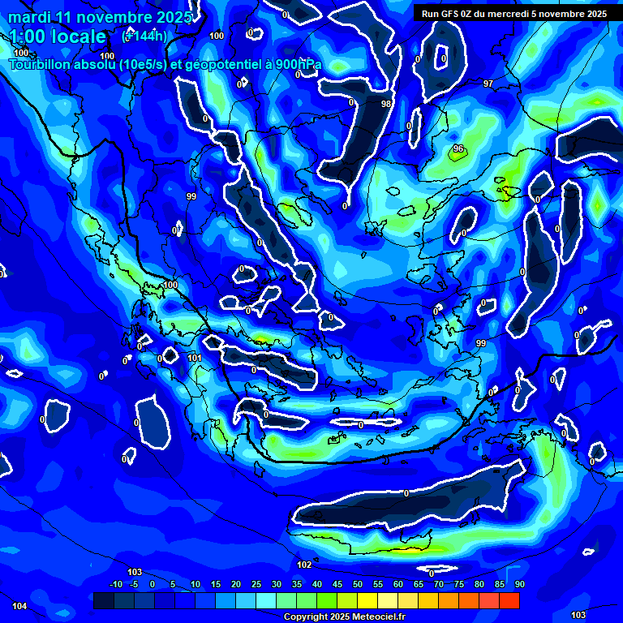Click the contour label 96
pos(458,148)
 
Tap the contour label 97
pos(488,84)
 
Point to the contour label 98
pos(386,104)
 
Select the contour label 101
pos(195,358)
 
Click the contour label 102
pos(304,565)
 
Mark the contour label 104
pos(19,606)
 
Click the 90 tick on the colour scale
pos(519,584)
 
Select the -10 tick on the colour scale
pos(116,584)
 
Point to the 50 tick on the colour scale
pos(357,584)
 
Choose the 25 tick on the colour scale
pos(256,584)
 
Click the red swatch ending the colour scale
pos(509,600)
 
